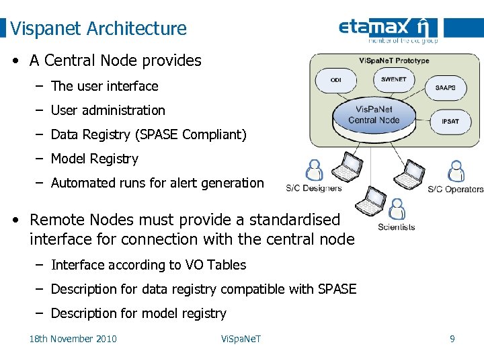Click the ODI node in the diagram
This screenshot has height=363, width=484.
(x=335, y=81)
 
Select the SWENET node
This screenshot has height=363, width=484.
(x=393, y=79)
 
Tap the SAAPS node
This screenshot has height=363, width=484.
(x=445, y=88)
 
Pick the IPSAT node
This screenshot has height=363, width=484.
(x=450, y=121)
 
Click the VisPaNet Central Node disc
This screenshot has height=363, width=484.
(x=374, y=116)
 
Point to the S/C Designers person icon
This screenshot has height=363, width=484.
(x=313, y=171)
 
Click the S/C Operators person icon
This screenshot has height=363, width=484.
(x=456, y=171)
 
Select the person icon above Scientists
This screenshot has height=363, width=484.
(x=397, y=209)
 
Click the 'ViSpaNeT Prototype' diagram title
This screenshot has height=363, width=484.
(x=393, y=61)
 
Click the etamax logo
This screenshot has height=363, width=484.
(x=388, y=29)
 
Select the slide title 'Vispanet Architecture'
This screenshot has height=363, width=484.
(x=99, y=28)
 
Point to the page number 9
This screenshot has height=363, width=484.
(x=452, y=339)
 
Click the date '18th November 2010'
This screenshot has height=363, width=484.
(x=73, y=339)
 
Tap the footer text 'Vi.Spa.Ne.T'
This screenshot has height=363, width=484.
(x=241, y=339)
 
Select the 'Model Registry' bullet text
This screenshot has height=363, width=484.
(x=94, y=159)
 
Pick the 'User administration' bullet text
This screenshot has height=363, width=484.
(x=108, y=110)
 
